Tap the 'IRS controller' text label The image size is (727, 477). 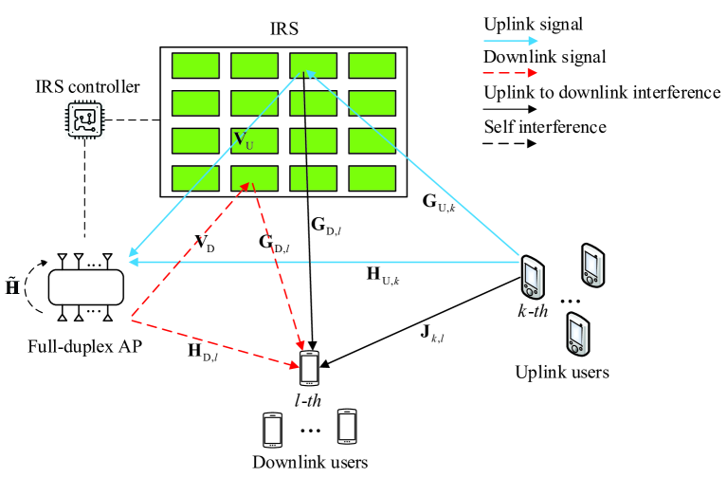tap(85, 87)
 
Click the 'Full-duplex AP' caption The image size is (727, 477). tap(84, 346)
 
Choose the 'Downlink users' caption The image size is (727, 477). tap(309, 463)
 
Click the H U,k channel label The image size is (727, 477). tap(388, 276)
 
